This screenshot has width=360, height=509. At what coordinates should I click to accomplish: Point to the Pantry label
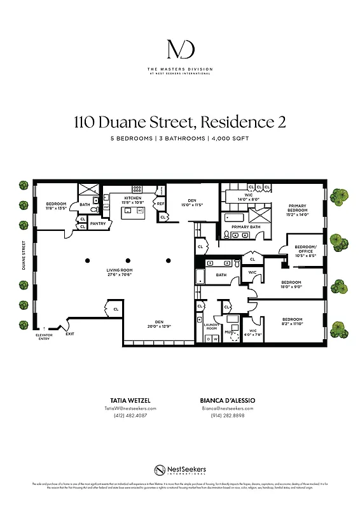click(97, 223)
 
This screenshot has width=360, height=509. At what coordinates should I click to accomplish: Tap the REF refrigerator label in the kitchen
click(161, 204)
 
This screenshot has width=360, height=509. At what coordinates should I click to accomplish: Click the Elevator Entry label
click(43, 336)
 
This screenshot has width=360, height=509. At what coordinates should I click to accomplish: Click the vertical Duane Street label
click(24, 254)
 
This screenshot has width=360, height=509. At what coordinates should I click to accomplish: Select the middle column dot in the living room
click(128, 260)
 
